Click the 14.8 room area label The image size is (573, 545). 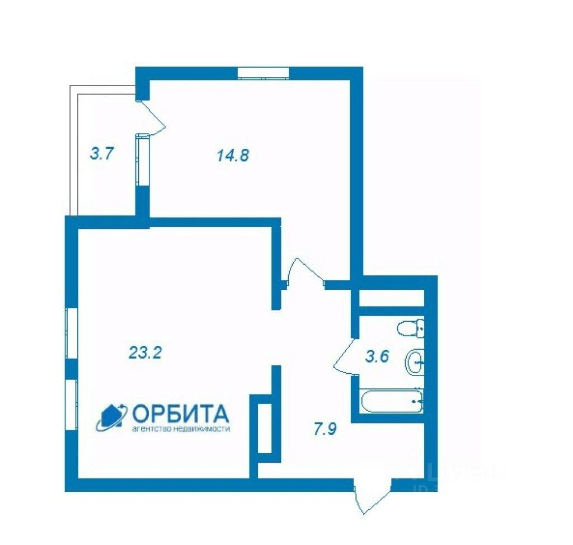pos(232,155)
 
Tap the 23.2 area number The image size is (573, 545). pos(145,353)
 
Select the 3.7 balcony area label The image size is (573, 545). pos(102,153)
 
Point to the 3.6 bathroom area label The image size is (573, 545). pos(377,356)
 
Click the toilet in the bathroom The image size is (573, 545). pos(410,327)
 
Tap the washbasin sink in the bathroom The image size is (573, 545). pos(415,362)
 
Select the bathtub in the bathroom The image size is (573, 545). pos(392,400)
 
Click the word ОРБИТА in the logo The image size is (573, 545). pos(181,414)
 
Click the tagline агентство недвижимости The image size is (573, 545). pos(180,429)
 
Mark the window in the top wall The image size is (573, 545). pos(263,73)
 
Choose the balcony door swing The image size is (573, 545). pos(152,118)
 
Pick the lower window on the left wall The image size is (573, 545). pos(71,404)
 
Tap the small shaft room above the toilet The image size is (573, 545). pos(391,298)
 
